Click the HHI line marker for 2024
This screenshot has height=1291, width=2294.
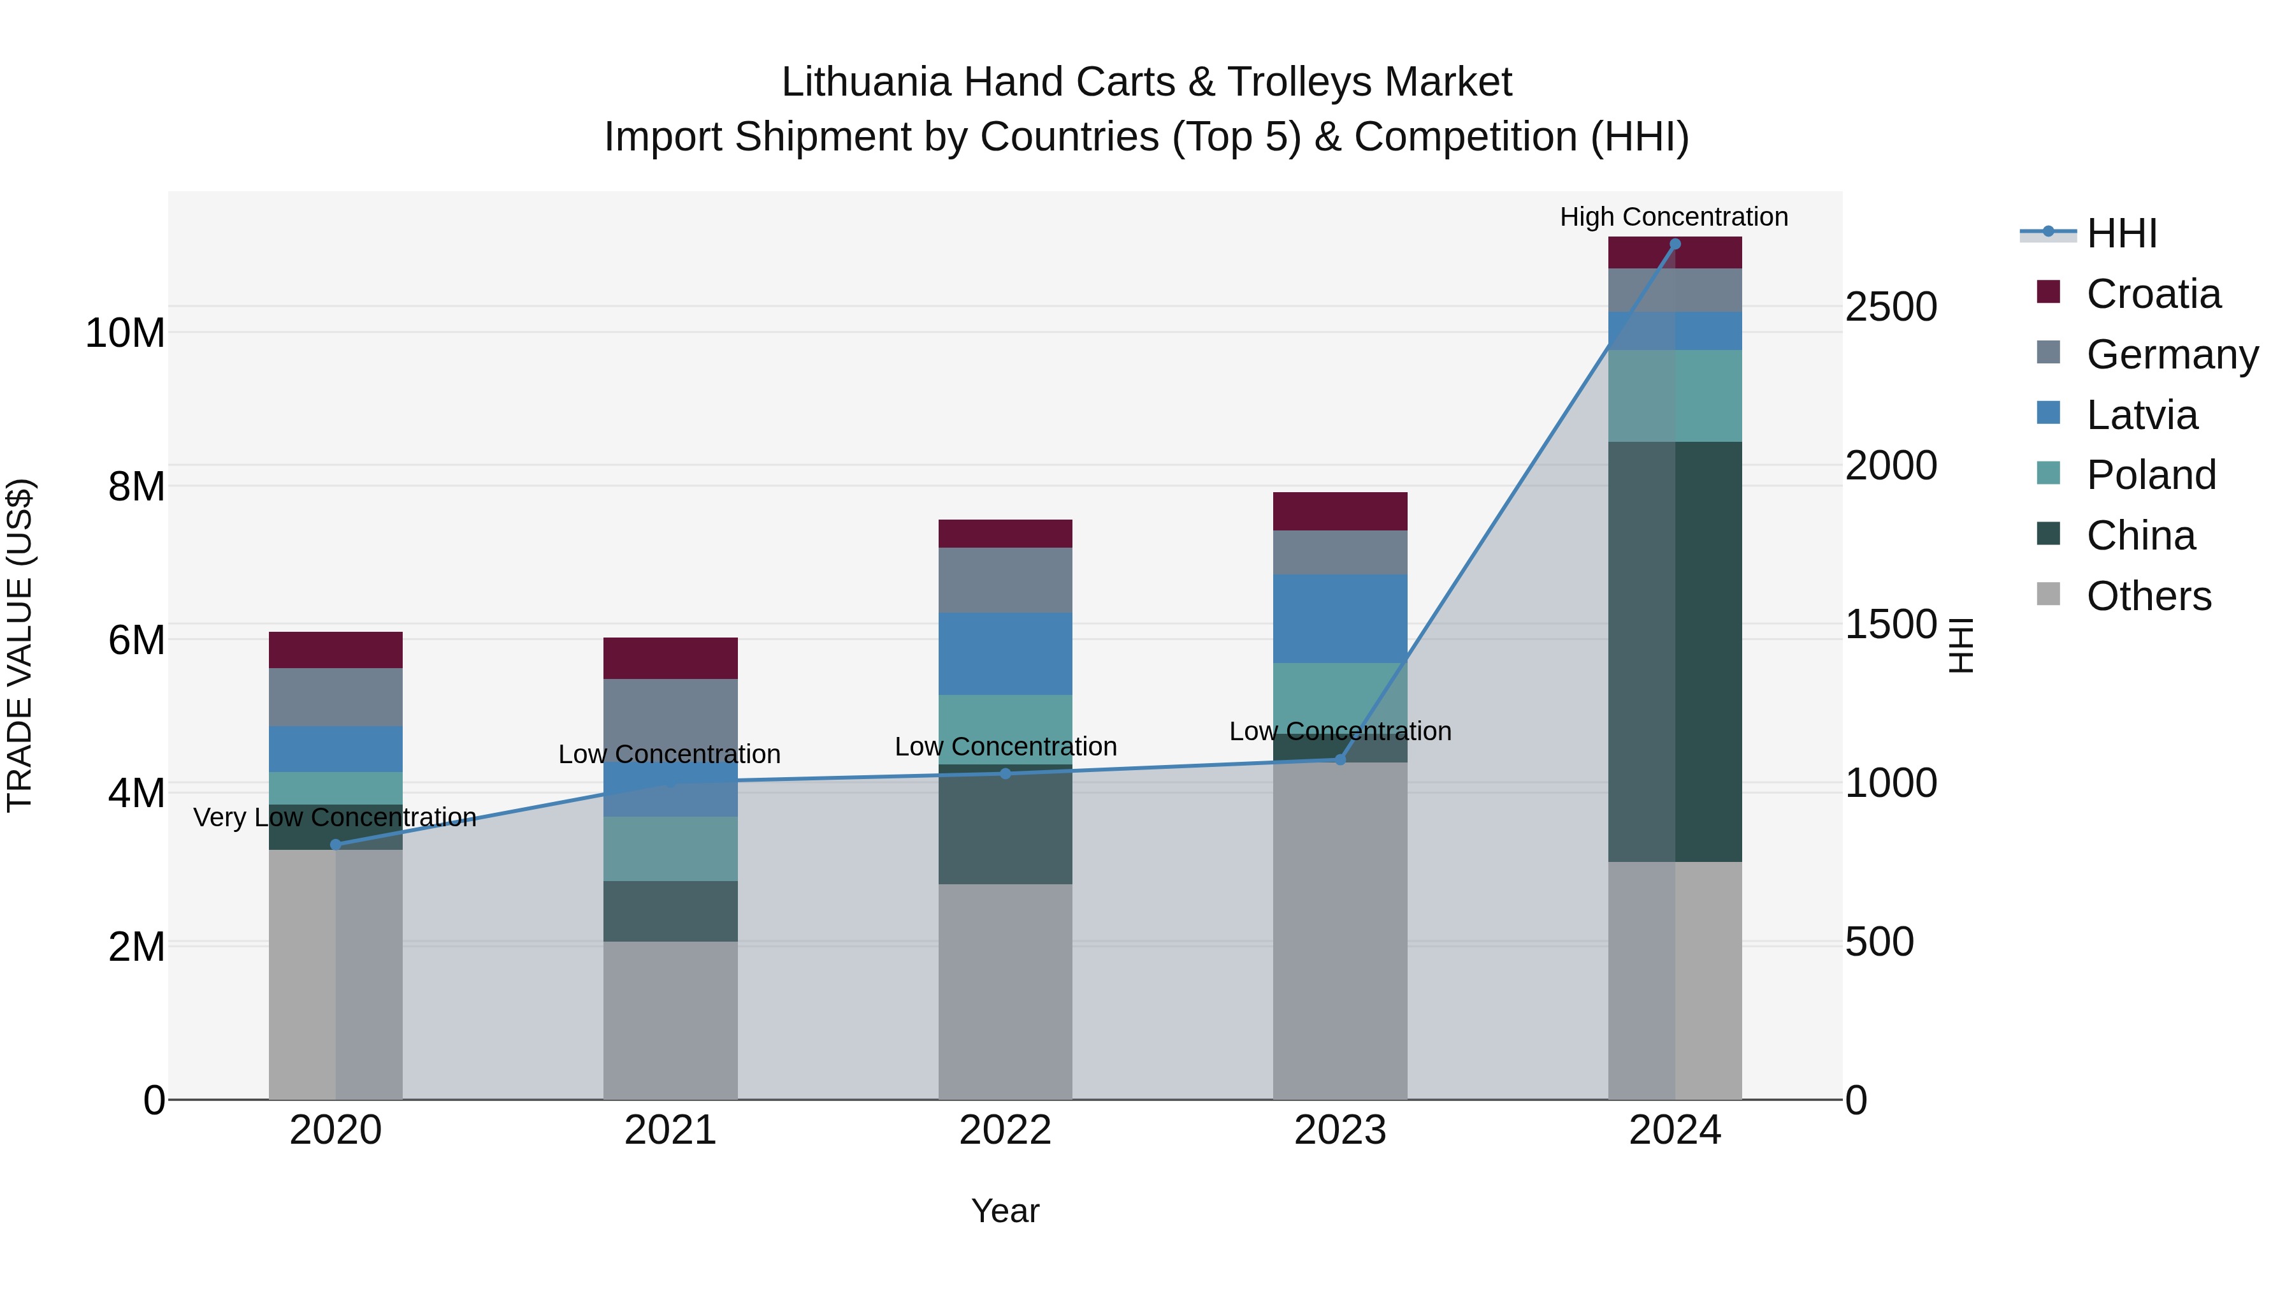[x=1674, y=244]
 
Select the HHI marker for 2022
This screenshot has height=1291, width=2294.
[x=1006, y=773]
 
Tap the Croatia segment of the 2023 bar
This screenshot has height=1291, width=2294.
[x=1339, y=511]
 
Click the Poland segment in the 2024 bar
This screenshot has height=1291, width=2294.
[x=1674, y=395]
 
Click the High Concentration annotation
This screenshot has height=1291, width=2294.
[x=1673, y=217]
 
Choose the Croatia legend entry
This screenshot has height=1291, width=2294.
[x=2153, y=294]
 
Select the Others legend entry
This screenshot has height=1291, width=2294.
[x=2148, y=596]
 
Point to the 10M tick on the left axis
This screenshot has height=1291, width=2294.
[x=125, y=333]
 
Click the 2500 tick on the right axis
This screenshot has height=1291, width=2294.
[x=1891, y=307]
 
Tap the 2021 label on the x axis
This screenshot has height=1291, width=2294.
[x=670, y=1130]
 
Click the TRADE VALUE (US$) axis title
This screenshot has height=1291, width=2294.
[x=20, y=645]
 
